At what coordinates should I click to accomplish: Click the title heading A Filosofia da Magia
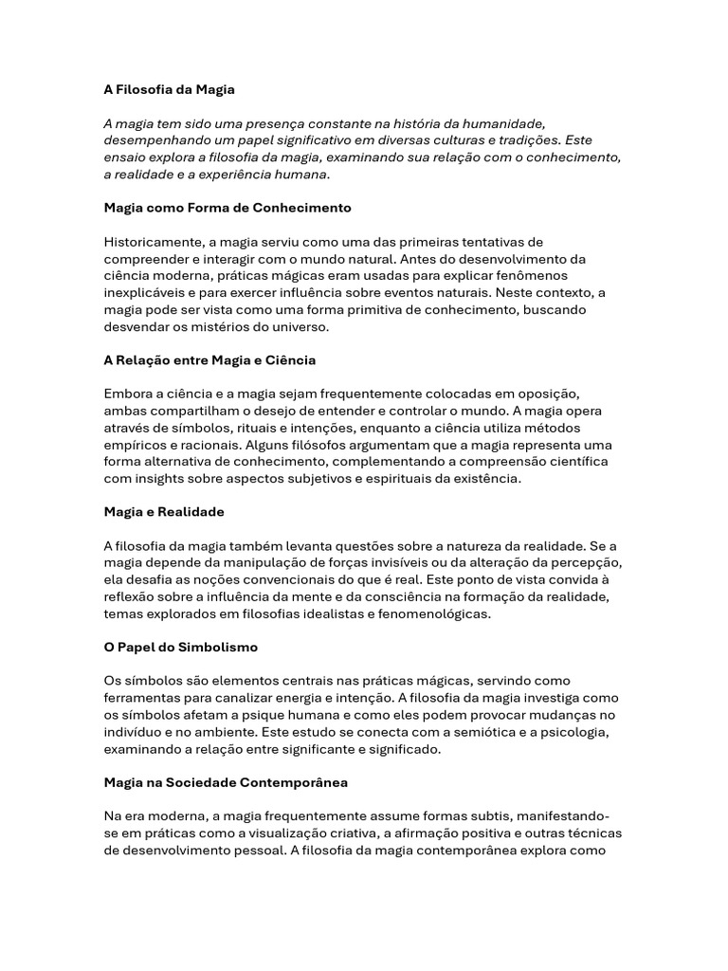pos(169,89)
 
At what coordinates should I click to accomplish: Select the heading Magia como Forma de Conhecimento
pos(227,207)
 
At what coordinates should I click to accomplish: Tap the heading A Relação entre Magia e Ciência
pos(209,360)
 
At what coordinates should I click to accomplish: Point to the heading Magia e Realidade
pos(164,512)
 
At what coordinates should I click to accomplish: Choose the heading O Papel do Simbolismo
pos(180,647)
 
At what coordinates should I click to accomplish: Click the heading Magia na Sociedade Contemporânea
pos(226,782)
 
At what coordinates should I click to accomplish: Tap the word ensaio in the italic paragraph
pos(125,157)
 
